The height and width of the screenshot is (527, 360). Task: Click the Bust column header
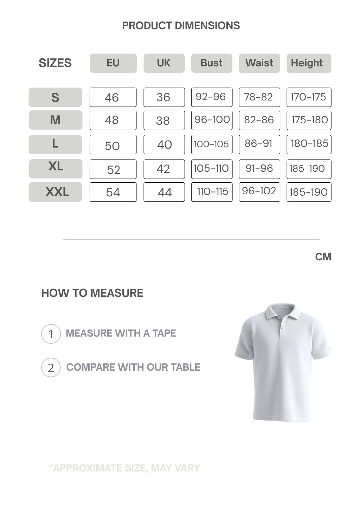pos(212,63)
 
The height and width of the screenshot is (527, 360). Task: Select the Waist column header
pos(259,63)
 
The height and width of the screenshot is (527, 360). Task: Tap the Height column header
pos(309,63)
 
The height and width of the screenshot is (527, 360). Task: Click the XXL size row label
pos(55,192)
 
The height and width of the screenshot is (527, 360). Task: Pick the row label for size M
pos(56,120)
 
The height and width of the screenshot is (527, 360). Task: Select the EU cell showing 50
pos(113,145)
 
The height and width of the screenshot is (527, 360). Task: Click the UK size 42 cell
pos(164,169)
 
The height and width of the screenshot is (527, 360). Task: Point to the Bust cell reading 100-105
pos(212,144)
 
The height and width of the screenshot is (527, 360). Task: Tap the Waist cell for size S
pos(259,97)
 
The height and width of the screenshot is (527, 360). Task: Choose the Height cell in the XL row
pos(309,169)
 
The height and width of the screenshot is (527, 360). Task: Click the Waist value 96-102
pos(259,191)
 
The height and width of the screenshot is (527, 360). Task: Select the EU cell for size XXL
pos(113,192)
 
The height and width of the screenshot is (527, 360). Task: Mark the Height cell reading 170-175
pos(309,97)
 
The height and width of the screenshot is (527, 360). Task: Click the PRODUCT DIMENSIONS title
pos(181,26)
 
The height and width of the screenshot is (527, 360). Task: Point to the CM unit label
pos(323,257)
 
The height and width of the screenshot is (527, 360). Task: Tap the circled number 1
pos(51,334)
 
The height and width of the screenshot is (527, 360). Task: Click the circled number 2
pos(51,367)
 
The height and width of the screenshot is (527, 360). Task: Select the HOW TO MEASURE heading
pos(92,293)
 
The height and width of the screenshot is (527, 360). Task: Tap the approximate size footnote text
pos(125,468)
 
